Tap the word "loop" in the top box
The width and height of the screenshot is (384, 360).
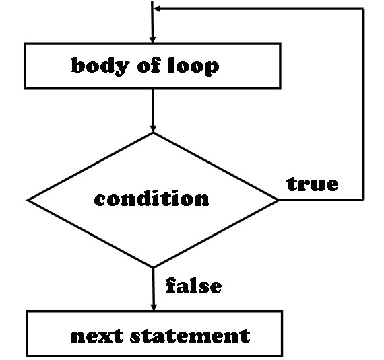[193, 66]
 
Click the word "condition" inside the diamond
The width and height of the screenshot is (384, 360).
[152, 199]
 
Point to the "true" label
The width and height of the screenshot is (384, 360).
[313, 184]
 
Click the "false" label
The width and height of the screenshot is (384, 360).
[193, 285]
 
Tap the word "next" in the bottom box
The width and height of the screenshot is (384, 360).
[97, 336]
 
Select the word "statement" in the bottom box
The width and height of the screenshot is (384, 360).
[190, 336]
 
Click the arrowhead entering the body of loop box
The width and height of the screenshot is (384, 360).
[152, 40]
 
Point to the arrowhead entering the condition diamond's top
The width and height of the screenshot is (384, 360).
[153, 129]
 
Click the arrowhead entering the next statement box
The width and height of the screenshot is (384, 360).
[154, 307]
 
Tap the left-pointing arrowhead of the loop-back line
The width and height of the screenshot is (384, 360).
[157, 9]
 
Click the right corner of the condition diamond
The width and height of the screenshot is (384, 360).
[278, 200]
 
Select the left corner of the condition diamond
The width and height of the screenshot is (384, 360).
[28, 200]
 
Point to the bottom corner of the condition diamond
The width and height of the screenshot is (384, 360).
[154, 267]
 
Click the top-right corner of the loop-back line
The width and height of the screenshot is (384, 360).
[363, 9]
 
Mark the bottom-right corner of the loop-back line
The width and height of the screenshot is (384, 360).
[364, 200]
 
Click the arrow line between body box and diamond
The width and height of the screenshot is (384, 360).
[153, 110]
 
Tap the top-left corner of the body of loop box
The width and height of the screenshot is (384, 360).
[25, 44]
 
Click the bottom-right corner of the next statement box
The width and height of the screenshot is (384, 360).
[282, 356]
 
